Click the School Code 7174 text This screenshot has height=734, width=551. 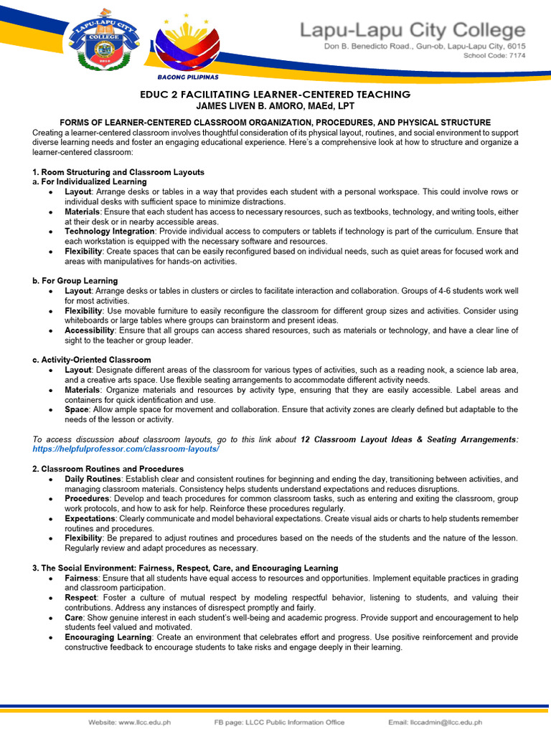pyautogui.click(x=494, y=55)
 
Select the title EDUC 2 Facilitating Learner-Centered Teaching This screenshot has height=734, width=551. pyautogui.click(x=275, y=95)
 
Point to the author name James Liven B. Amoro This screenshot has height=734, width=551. pyautogui.click(x=275, y=106)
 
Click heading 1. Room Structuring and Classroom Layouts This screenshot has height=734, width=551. pyautogui.click(x=118, y=172)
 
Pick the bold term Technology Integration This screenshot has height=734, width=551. pyautogui.click(x=109, y=232)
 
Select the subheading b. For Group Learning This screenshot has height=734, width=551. pyautogui.click(x=75, y=281)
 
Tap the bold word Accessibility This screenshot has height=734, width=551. pyautogui.click(x=89, y=330)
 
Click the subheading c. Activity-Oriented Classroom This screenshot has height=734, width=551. pyautogui.click(x=92, y=360)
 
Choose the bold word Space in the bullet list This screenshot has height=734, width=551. pyautogui.click(x=77, y=409)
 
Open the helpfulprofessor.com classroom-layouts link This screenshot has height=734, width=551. pyautogui.click(x=126, y=449)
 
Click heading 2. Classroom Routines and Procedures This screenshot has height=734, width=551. pyautogui.click(x=108, y=469)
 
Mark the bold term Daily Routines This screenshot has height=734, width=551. pyautogui.click(x=93, y=479)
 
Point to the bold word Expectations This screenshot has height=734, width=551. pyautogui.click(x=90, y=518)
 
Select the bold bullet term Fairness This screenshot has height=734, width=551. pyautogui.click(x=81, y=578)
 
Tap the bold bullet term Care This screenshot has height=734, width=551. pyautogui.click(x=74, y=617)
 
